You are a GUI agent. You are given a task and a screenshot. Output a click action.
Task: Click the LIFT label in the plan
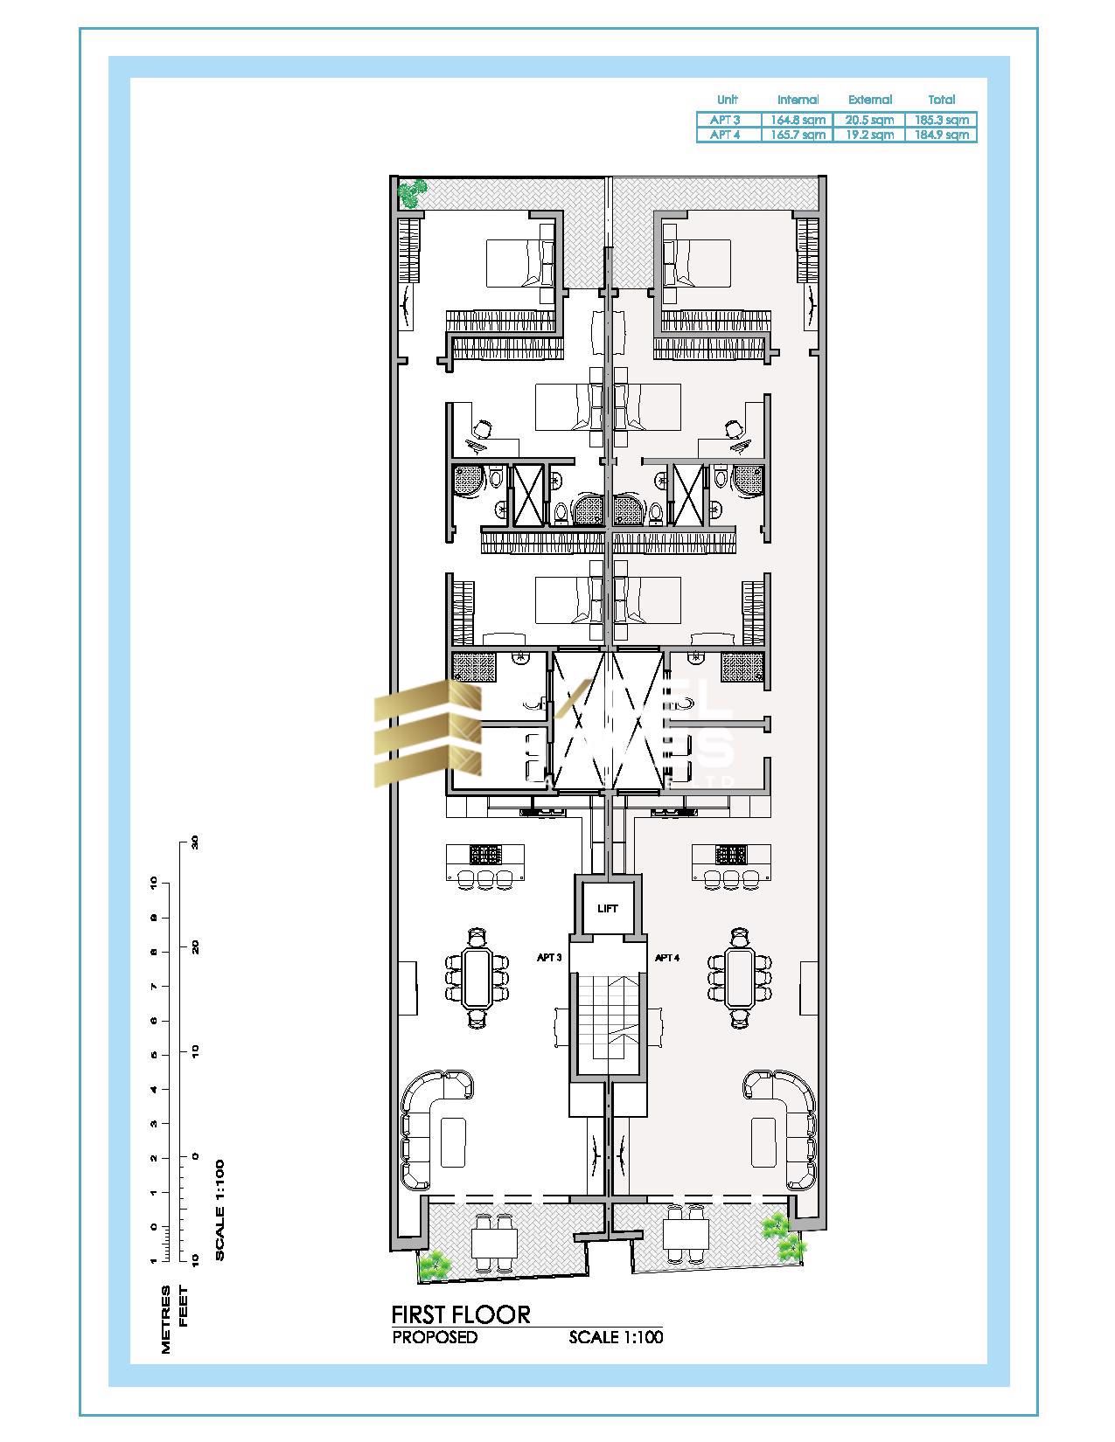[608, 909]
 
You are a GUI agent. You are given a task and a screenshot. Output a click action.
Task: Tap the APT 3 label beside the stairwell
[548, 958]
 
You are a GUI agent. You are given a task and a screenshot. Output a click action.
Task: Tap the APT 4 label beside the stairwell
[667, 958]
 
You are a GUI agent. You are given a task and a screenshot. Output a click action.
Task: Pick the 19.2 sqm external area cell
[870, 135]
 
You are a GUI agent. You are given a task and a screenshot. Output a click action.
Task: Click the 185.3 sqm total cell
[941, 120]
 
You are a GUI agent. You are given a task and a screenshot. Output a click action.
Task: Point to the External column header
[870, 100]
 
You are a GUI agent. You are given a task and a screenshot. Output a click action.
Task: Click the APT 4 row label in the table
[725, 135]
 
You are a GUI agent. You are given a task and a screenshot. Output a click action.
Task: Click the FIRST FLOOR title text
[460, 1314]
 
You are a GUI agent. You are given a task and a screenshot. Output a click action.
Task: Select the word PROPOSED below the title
[435, 1337]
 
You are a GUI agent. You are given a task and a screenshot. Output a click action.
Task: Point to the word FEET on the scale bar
[184, 1307]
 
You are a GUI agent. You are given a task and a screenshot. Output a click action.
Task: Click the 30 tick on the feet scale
[195, 842]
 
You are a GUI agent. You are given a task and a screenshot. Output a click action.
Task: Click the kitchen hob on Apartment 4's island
[729, 854]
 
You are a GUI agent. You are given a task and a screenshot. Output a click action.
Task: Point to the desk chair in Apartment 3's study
[482, 429]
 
